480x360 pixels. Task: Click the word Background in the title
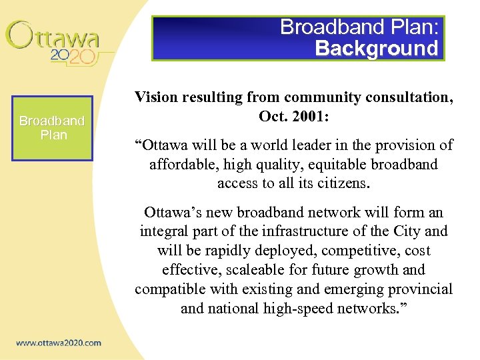point(377,48)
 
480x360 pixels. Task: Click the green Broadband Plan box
point(53,128)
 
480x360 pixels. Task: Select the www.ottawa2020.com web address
point(59,343)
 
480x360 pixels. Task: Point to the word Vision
point(155,97)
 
